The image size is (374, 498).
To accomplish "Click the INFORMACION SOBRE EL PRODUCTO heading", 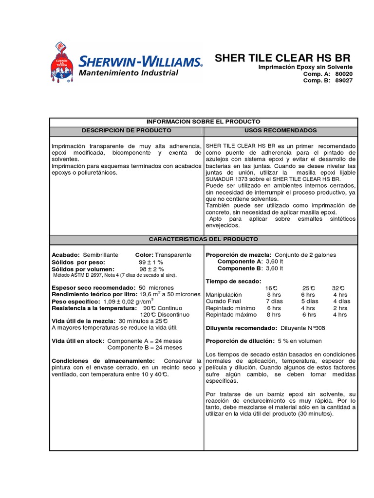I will click(x=204, y=122).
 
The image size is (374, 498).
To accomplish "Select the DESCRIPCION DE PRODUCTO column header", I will click(x=126, y=131).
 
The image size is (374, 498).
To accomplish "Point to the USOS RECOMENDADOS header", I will click(x=281, y=131).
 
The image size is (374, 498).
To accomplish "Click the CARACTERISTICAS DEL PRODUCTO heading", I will click(x=204, y=240).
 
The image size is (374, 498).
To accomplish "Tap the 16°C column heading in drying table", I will click(x=271, y=288).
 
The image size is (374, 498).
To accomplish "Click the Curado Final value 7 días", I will click(x=274, y=302).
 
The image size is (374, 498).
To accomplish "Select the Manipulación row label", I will click(x=224, y=295).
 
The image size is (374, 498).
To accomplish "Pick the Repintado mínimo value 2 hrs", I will click(x=340, y=308).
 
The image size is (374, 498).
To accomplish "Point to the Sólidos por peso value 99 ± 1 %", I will click(x=151, y=262).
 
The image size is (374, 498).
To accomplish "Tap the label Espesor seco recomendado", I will click(x=93, y=288).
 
